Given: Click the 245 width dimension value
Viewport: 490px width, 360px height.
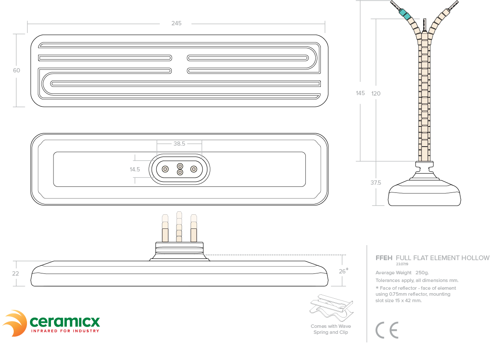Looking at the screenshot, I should click(x=176, y=23).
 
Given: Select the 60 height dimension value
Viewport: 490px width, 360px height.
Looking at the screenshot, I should click(x=16, y=70).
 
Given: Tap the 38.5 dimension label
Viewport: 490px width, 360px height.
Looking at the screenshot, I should click(x=179, y=144).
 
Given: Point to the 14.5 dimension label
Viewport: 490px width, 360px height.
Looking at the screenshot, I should click(x=135, y=170).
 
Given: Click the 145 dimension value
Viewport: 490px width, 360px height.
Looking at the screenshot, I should click(x=360, y=93).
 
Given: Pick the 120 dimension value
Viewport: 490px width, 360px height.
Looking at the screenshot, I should click(x=376, y=93).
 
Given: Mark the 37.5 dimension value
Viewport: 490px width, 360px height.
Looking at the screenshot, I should click(x=376, y=183).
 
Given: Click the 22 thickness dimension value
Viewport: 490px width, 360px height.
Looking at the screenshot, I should click(x=15, y=273).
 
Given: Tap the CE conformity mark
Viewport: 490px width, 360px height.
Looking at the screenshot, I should click(x=387, y=330).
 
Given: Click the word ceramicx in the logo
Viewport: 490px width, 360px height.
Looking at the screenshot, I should click(x=65, y=321).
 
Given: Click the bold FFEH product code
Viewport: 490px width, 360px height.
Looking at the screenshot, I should click(x=384, y=258).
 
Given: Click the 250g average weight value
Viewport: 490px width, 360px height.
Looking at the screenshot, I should click(x=422, y=273).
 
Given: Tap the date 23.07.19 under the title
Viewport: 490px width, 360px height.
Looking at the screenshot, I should click(x=402, y=264).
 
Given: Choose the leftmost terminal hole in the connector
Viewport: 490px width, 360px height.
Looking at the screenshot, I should click(x=165, y=169).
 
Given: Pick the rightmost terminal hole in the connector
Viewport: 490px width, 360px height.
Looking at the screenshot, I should click(x=194, y=169).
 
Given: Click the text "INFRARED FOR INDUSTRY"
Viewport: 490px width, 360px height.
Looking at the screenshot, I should click(x=65, y=331).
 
